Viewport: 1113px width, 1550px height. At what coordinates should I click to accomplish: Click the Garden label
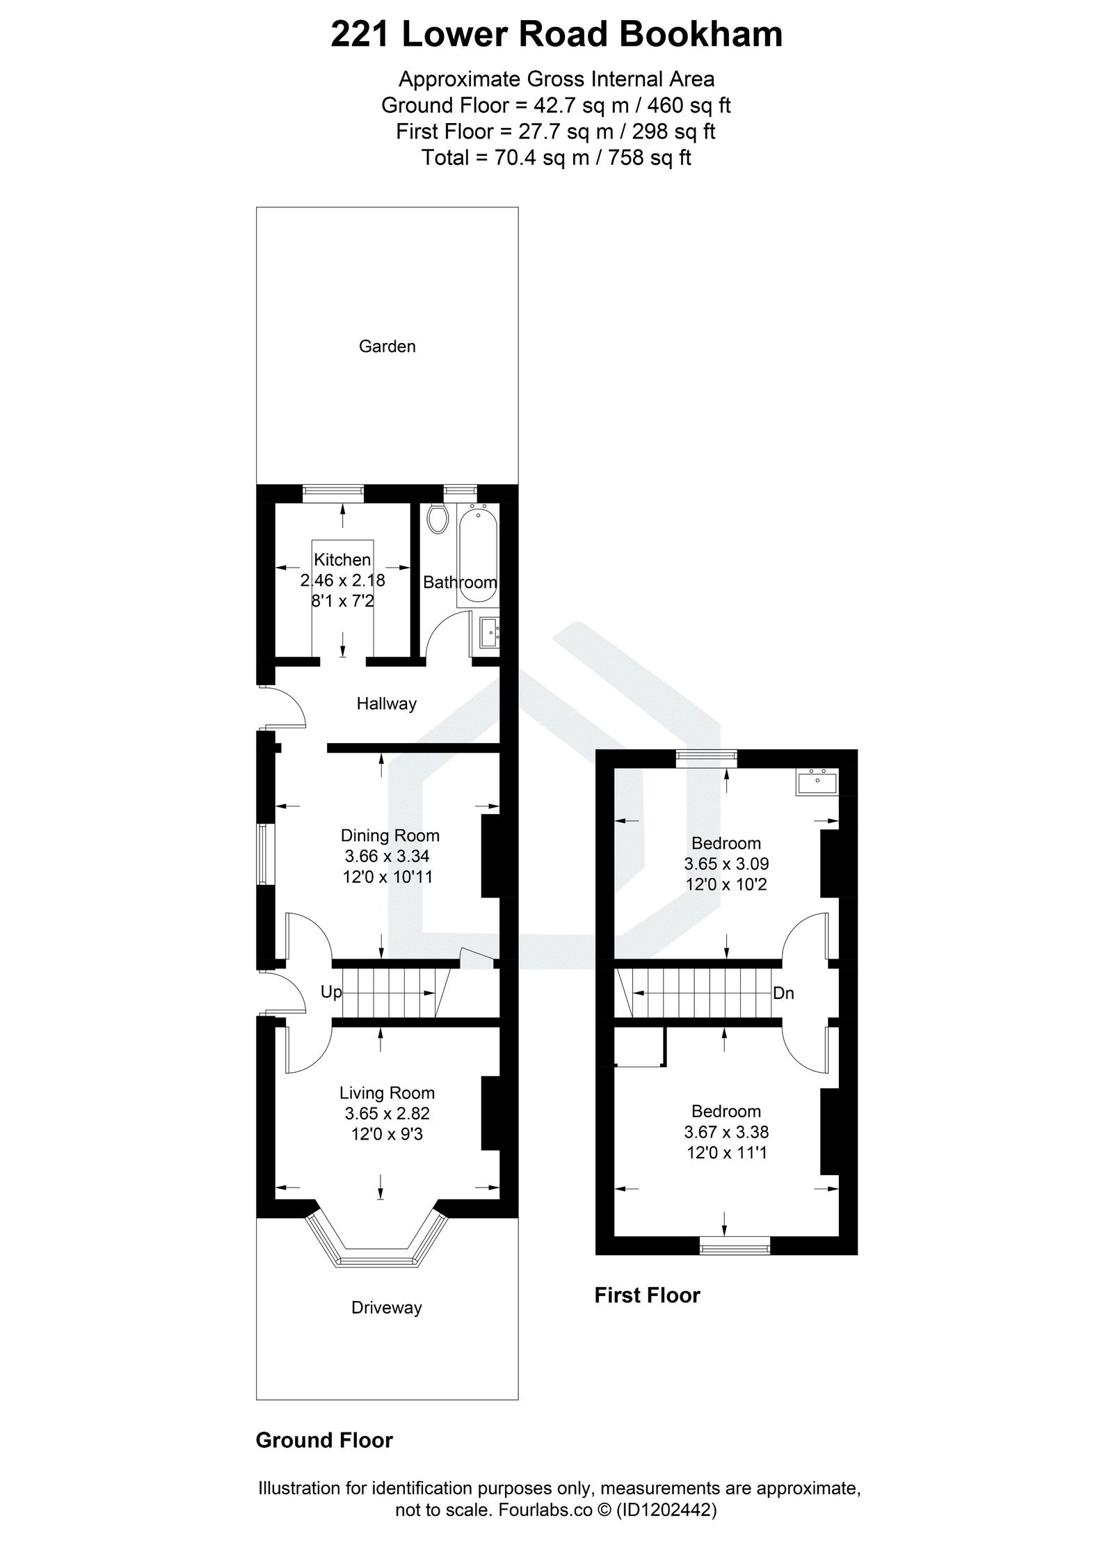point(387,346)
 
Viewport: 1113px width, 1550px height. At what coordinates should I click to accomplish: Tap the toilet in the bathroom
point(437,519)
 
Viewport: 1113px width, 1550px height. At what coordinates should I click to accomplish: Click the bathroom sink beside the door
point(489,632)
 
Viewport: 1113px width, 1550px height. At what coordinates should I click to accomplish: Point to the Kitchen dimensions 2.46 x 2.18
point(342,580)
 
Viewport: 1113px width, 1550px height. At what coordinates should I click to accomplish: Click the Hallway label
point(386,703)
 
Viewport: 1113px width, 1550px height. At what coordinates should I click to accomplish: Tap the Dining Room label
point(390,836)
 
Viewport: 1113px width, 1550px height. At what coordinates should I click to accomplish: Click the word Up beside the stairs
point(331,992)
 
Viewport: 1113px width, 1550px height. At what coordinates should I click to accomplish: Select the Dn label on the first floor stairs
point(783,993)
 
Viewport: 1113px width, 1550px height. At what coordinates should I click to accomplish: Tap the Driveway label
point(386,1308)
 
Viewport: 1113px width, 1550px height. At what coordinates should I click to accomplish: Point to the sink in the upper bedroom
point(817,782)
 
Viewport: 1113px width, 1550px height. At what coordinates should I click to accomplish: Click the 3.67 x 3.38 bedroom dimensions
point(726,1133)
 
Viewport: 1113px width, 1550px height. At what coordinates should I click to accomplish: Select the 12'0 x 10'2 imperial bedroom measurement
point(726,885)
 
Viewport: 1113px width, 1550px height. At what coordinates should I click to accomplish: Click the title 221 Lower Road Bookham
point(556,35)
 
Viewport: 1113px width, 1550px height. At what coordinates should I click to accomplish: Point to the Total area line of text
point(556,158)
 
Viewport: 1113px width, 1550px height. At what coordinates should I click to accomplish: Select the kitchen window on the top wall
point(333,493)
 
